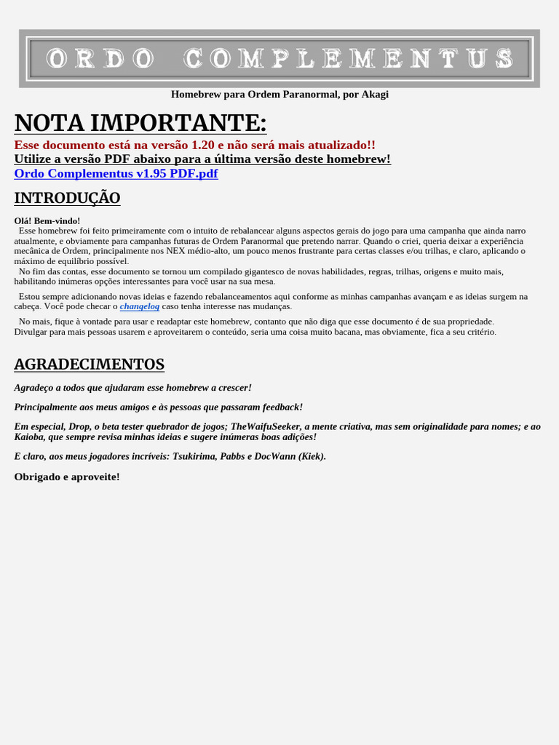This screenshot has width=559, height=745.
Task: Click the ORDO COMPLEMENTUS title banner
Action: click(279, 58)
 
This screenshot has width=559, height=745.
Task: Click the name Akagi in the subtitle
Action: click(375, 95)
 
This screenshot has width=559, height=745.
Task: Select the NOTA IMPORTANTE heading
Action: click(140, 123)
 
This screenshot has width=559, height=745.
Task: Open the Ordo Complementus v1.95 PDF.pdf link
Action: click(116, 173)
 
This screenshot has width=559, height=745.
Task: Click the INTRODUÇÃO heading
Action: click(67, 198)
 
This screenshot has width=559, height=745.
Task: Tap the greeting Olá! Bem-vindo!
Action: click(47, 220)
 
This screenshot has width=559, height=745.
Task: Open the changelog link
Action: click(140, 306)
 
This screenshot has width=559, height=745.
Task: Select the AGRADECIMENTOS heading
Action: click(89, 364)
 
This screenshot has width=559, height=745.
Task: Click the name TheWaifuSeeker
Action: click(265, 426)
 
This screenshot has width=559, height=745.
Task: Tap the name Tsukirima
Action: click(195, 456)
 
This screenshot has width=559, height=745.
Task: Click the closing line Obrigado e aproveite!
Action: click(67, 477)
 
